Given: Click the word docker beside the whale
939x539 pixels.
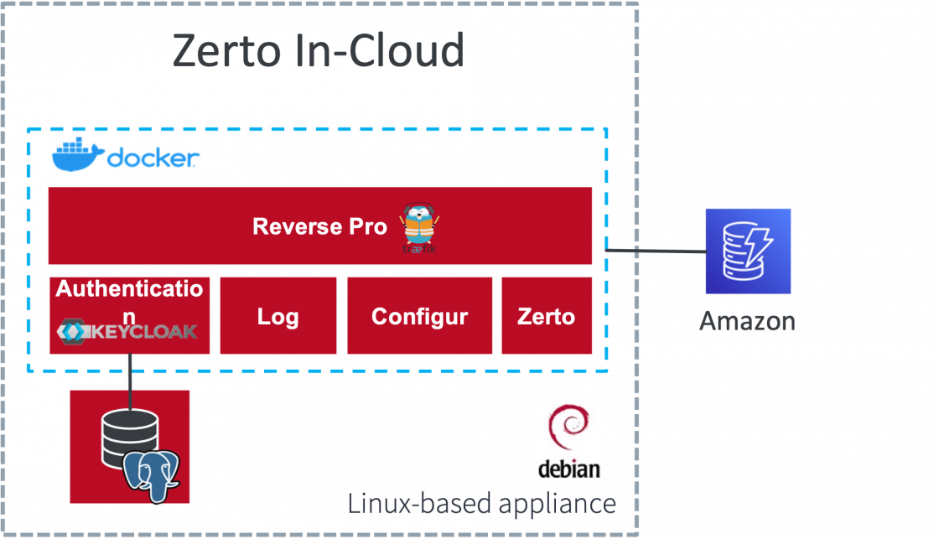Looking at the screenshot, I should (153, 158).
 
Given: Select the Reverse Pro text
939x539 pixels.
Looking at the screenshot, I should (319, 226).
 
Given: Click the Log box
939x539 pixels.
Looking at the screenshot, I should (278, 316).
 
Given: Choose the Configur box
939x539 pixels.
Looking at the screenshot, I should (419, 316).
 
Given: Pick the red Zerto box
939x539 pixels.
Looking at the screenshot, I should (547, 316).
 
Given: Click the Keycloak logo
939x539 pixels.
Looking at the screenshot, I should (127, 331).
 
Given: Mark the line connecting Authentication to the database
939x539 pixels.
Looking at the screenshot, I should (130, 372).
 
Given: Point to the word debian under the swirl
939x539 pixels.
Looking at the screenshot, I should (569, 467).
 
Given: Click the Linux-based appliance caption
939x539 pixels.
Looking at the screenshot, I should (482, 504).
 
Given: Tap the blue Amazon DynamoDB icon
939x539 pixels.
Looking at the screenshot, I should (748, 251).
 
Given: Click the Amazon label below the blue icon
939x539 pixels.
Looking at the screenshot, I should (747, 320).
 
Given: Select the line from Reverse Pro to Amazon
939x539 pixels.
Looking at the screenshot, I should (654, 250).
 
